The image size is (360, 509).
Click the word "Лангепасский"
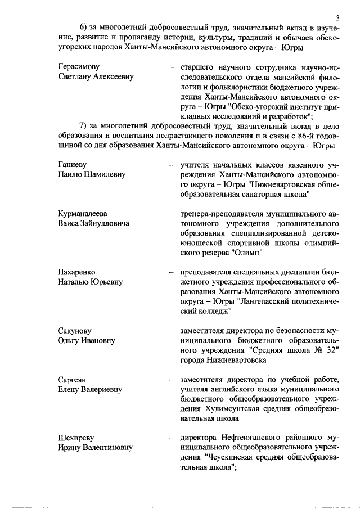click(264, 301)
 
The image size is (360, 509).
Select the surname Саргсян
click(75, 379)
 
